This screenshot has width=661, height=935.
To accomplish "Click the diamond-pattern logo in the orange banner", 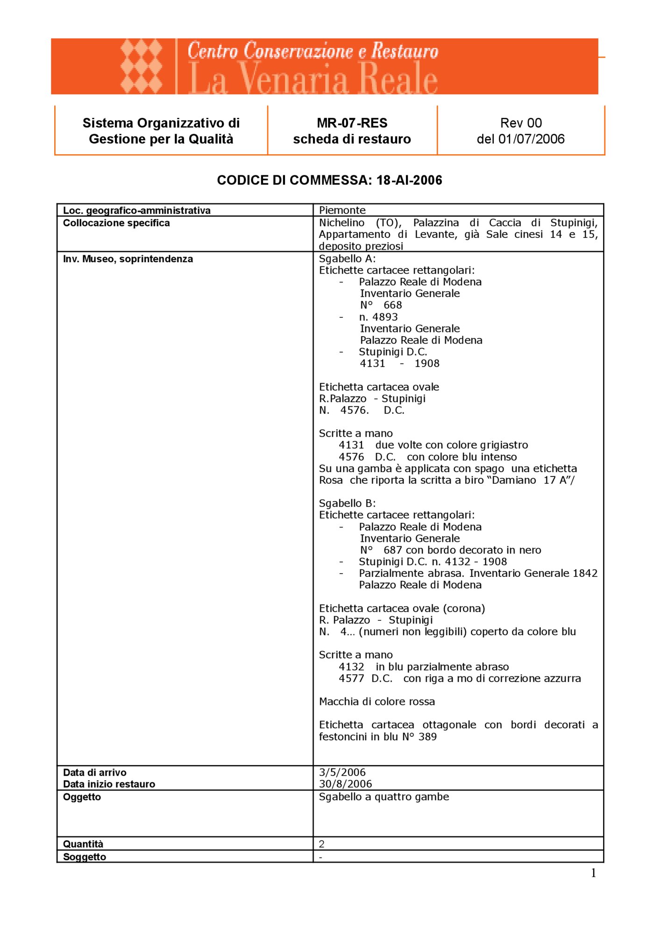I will tap(142, 66).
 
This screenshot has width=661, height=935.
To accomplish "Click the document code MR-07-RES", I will tap(352, 123).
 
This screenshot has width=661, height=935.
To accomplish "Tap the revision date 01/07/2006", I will tap(531, 139).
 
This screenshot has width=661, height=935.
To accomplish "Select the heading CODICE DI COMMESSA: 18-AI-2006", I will tap(329, 180).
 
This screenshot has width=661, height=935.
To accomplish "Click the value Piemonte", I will tap(342, 210).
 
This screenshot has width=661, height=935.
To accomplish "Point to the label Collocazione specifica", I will tap(116, 223).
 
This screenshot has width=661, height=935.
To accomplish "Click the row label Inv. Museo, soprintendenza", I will tap(128, 259).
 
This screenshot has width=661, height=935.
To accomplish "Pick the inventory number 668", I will tap(392, 305).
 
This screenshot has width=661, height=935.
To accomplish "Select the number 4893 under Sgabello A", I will tap(385, 317).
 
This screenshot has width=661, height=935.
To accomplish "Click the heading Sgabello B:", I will tap(347, 503).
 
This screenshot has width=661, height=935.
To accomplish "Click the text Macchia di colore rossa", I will tap(377, 702).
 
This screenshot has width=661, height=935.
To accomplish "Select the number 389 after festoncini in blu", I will tap(427, 737).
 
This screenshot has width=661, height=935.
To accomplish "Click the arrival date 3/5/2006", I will tap(342, 772).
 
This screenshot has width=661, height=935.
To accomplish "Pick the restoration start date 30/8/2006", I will tap(345, 784).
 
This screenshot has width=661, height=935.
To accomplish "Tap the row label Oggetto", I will tap(82, 797).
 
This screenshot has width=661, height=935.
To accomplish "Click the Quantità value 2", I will tap(322, 844).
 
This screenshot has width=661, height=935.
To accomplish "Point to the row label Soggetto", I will tap(85, 857).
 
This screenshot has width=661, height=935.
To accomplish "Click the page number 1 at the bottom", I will tap(593, 873).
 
